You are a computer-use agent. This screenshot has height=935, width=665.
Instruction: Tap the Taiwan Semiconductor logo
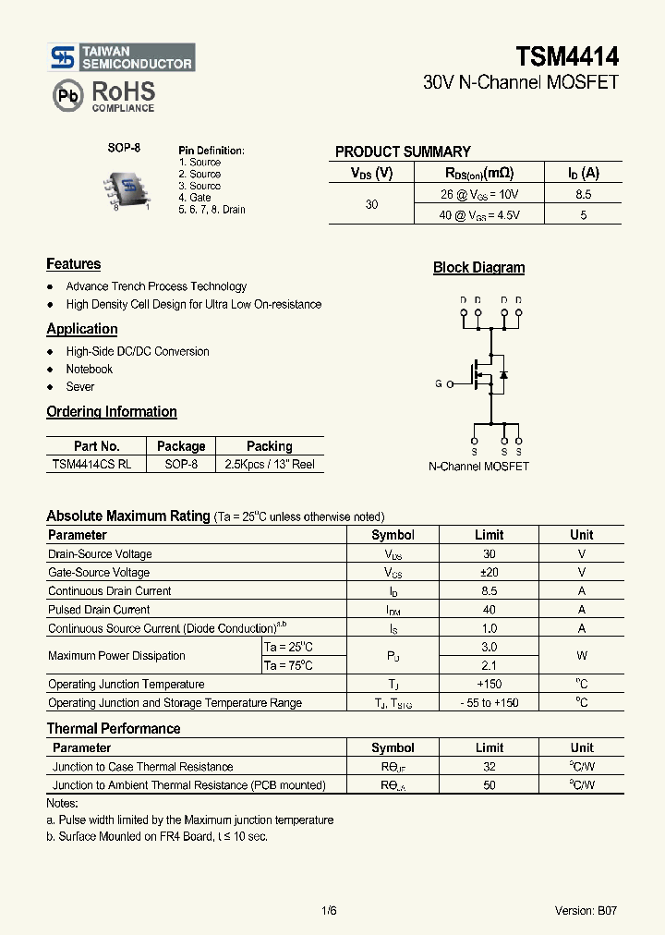tap(122, 57)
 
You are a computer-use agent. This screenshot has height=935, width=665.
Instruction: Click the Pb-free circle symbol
tap(66, 95)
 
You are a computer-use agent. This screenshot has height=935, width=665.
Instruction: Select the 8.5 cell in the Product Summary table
tap(583, 194)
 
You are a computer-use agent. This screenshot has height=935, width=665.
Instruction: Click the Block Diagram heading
tap(478, 268)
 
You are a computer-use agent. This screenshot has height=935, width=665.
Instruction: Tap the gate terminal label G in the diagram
tap(439, 383)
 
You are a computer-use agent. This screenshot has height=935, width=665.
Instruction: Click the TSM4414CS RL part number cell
tap(91, 464)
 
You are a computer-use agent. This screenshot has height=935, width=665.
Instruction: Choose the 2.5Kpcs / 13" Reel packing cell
tap(270, 464)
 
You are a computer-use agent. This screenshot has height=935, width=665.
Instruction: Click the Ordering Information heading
tap(112, 412)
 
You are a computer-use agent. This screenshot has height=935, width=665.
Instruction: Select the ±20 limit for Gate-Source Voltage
tap(489, 573)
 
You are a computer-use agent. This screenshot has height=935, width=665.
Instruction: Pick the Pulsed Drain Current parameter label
tap(99, 610)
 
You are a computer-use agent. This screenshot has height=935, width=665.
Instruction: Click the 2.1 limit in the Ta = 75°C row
tap(489, 665)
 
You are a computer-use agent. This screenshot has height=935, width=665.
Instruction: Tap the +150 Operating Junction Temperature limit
tap(489, 685)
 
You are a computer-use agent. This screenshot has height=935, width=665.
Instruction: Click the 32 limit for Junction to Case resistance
tap(489, 767)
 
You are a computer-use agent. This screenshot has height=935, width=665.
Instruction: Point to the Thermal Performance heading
tap(114, 729)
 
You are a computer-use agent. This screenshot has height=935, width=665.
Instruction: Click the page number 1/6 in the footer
tap(329, 910)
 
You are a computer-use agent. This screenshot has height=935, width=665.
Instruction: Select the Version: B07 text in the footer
tap(586, 910)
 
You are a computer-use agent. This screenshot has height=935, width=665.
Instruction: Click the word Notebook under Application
tap(89, 370)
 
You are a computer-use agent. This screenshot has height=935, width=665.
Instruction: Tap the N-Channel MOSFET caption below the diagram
tap(478, 467)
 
